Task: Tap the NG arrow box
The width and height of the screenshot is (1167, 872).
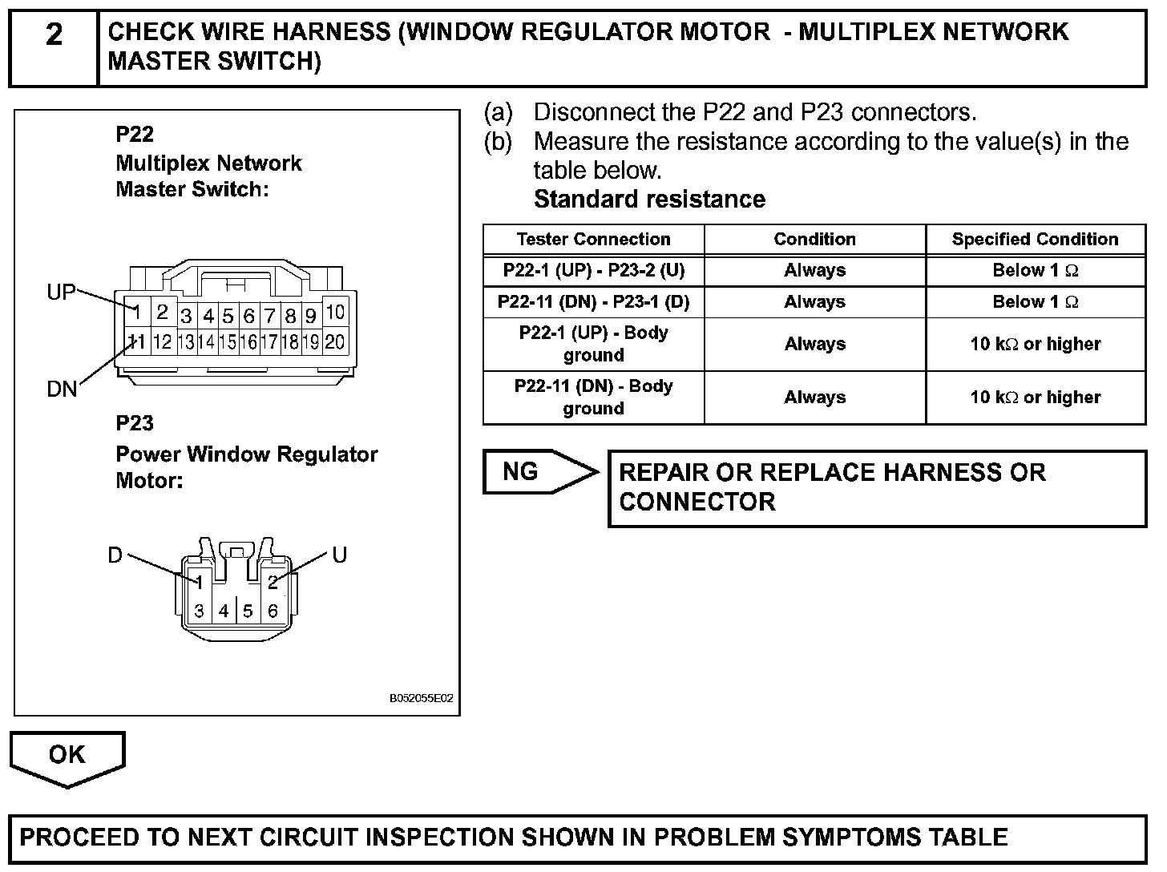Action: click(x=529, y=472)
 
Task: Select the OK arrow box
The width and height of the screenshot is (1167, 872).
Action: click(x=67, y=755)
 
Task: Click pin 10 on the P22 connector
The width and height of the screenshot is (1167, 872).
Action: click(x=335, y=311)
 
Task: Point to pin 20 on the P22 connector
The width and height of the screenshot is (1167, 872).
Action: click(x=335, y=342)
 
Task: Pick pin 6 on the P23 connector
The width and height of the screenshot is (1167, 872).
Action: click(x=273, y=612)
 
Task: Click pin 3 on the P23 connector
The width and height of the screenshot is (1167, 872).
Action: click(x=199, y=612)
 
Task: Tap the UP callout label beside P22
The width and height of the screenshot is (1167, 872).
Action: click(x=61, y=293)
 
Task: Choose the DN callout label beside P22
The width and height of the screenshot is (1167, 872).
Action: click(x=62, y=390)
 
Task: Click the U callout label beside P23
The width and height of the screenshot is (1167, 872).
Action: click(x=339, y=555)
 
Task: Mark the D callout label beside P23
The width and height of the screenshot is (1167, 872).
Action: click(x=115, y=555)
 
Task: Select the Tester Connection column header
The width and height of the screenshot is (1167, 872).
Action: click(x=593, y=240)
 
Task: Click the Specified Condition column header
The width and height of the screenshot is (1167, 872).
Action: click(x=1035, y=240)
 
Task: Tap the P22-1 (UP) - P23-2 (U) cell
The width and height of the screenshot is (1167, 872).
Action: click(x=593, y=271)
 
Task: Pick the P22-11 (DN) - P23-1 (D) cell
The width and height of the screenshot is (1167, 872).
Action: click(x=593, y=302)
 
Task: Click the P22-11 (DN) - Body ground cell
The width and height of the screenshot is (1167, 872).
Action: click(x=593, y=398)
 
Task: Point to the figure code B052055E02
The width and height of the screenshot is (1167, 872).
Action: click(x=422, y=698)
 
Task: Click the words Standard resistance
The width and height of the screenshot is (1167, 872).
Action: click(x=649, y=200)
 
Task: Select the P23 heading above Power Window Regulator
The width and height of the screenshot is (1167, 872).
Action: click(x=135, y=423)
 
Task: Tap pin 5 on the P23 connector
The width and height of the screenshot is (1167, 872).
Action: click(x=248, y=612)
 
